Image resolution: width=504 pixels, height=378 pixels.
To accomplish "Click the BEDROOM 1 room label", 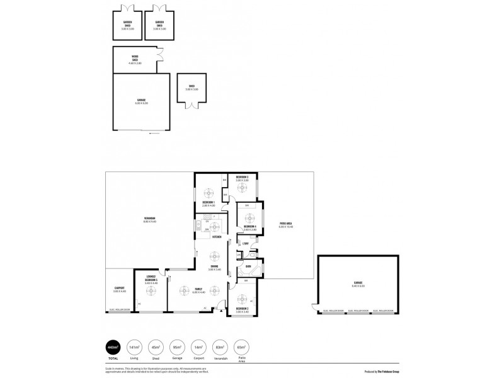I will click(208, 203).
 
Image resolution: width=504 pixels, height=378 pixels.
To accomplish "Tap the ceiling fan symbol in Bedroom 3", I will click(242, 186).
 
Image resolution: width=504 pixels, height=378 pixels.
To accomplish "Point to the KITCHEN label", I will click(216, 238).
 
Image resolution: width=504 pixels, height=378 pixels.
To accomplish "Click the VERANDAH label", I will click(149, 220).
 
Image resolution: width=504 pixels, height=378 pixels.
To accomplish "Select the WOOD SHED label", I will click(135, 60).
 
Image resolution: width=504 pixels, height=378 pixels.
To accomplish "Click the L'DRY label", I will click(246, 243).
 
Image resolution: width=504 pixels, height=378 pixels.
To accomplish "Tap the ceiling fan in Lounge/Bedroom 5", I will click(151, 290).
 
